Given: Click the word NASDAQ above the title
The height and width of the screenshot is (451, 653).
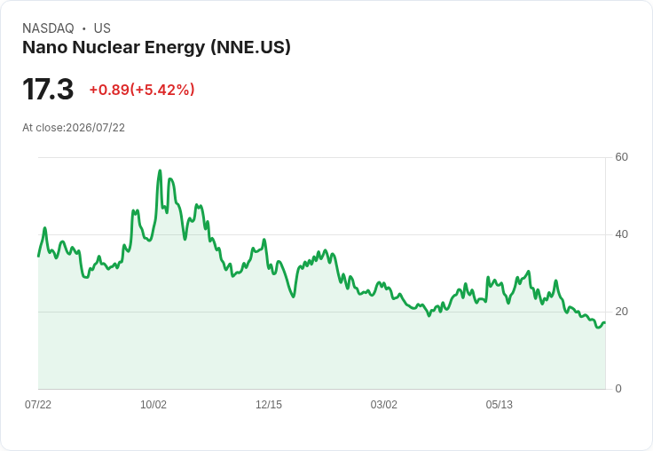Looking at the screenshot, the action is coord(48,28).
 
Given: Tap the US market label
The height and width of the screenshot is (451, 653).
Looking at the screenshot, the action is coord(102,28).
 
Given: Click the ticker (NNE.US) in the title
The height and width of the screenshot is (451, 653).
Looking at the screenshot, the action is coord(250,47).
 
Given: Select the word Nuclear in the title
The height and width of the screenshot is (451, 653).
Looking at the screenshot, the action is coord(106,47).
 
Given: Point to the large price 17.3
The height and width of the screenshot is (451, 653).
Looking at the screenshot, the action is coord(48,89).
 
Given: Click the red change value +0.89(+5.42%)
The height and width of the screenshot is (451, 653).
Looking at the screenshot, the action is coord(142,90).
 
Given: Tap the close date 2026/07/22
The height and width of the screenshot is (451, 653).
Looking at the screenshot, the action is coord(95,128).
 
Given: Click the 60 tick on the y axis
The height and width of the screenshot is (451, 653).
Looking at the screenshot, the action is coord(621,157).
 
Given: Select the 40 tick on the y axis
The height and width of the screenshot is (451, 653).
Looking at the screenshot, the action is coord(621,234).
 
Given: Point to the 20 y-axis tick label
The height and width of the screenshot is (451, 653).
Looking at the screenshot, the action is coord(621,312).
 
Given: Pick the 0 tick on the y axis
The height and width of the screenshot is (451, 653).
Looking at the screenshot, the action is coord(618,389).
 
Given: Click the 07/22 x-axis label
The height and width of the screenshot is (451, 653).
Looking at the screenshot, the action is coord(38,404).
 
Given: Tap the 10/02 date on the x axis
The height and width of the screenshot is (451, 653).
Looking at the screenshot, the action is coord(153,404).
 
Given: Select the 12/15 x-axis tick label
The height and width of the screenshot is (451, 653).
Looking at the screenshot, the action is coord(269,404).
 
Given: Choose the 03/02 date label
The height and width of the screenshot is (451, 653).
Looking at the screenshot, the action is coord(383,404).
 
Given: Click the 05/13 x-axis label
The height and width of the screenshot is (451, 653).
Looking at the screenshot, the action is coord(499,404).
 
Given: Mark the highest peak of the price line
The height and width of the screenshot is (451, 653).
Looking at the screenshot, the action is coord(160,170).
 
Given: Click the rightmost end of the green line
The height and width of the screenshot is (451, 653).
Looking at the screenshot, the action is coord(605,322).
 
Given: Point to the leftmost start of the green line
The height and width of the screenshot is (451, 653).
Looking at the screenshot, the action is coord(38,256).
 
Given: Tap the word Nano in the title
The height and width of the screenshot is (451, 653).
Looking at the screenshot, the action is coord(45,47).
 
